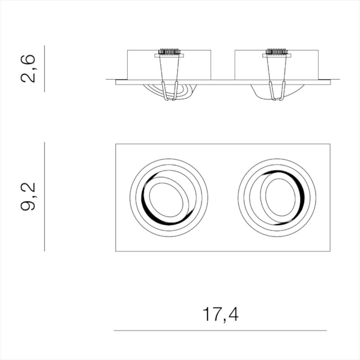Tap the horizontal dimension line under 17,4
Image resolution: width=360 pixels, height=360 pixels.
[x=220, y=330]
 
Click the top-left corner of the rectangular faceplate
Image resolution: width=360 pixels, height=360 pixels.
[x=115, y=144]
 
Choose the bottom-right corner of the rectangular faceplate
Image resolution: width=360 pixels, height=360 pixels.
[x=331, y=251]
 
